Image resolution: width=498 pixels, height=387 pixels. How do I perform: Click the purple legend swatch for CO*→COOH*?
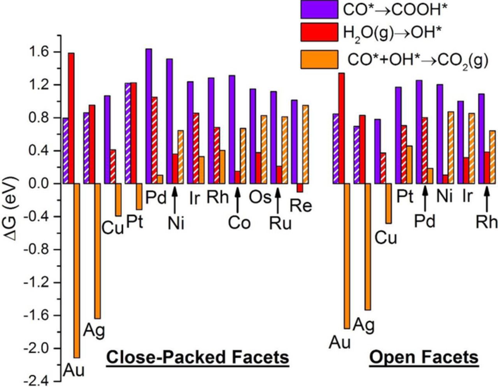tap(319, 9)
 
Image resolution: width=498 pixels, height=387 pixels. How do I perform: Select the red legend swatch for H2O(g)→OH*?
tap(319, 32)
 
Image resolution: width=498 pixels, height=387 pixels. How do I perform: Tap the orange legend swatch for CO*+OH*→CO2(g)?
tap(319, 60)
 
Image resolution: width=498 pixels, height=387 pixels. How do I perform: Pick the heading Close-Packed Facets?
tap(198, 357)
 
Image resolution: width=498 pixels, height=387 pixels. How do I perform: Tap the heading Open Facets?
tap(424, 357)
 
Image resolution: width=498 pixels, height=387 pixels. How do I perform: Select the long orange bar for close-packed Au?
tap(77, 270)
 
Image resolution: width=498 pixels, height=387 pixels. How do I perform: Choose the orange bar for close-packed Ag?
tap(98, 251)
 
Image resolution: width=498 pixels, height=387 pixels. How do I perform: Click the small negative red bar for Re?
tap(300, 187)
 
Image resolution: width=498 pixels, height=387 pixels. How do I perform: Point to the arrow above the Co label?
tap(237, 200)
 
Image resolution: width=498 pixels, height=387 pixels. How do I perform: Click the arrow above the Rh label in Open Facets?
tap(486, 200)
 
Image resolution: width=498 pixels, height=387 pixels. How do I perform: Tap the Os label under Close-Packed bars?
tap(260, 197)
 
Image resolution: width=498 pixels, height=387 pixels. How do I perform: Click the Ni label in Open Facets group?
tap(445, 196)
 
